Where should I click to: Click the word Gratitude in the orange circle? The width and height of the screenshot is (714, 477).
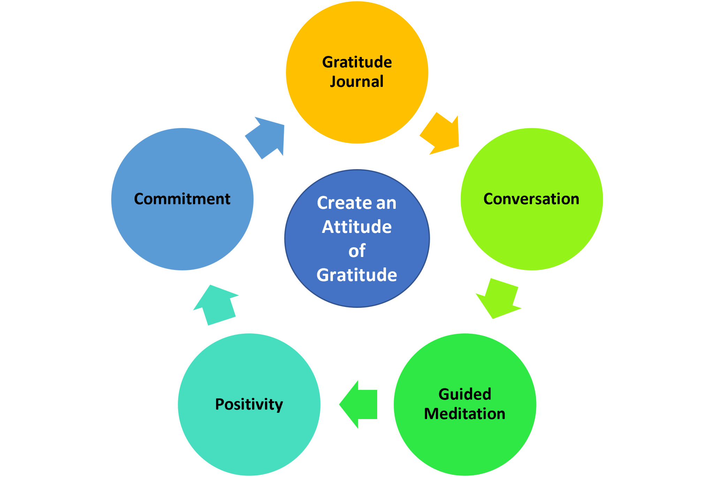[357, 62]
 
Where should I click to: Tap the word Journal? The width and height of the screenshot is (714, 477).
[357, 82]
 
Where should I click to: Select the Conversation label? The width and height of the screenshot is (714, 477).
[531, 199]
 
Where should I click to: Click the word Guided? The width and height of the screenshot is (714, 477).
[465, 394]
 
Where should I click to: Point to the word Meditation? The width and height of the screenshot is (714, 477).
[465, 414]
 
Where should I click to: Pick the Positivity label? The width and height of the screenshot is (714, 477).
[249, 404]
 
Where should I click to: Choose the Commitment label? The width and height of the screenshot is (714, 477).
[182, 199]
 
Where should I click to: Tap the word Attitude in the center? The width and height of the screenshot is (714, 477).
[357, 227]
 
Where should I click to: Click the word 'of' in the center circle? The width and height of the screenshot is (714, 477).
[357, 251]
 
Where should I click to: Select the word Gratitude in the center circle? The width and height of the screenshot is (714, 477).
[357, 275]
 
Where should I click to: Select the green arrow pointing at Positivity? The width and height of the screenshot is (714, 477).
[359, 404]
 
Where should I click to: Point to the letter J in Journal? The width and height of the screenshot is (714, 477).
[333, 82]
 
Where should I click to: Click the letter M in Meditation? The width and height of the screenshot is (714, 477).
[431, 414]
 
